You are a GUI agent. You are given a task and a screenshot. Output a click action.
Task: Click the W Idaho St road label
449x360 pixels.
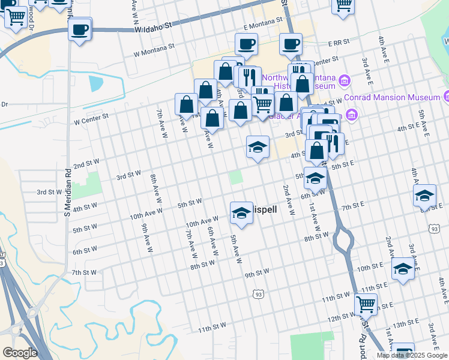(154, 28)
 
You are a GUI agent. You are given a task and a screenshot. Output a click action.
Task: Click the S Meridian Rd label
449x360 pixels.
(67, 192)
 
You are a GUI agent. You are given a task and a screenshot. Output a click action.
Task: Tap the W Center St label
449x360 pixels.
(90, 119)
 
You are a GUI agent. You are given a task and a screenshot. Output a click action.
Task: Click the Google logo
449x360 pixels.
(19, 353)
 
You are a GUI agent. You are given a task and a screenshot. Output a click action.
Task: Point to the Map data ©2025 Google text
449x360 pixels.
(411, 355)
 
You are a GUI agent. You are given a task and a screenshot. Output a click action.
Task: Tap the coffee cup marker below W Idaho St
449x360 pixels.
(80, 29)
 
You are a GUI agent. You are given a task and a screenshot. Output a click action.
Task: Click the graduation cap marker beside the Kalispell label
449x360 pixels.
(241, 212)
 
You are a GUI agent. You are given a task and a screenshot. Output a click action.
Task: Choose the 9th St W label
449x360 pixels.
(257, 273)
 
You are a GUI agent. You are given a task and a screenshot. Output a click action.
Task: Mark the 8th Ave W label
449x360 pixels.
(155, 187)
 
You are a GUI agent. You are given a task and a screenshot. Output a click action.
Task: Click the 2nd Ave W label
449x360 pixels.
(288, 200)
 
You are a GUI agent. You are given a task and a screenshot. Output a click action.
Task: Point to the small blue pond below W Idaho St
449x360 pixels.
(96, 83)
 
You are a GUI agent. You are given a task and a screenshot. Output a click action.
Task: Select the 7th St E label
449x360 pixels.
(353, 206)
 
